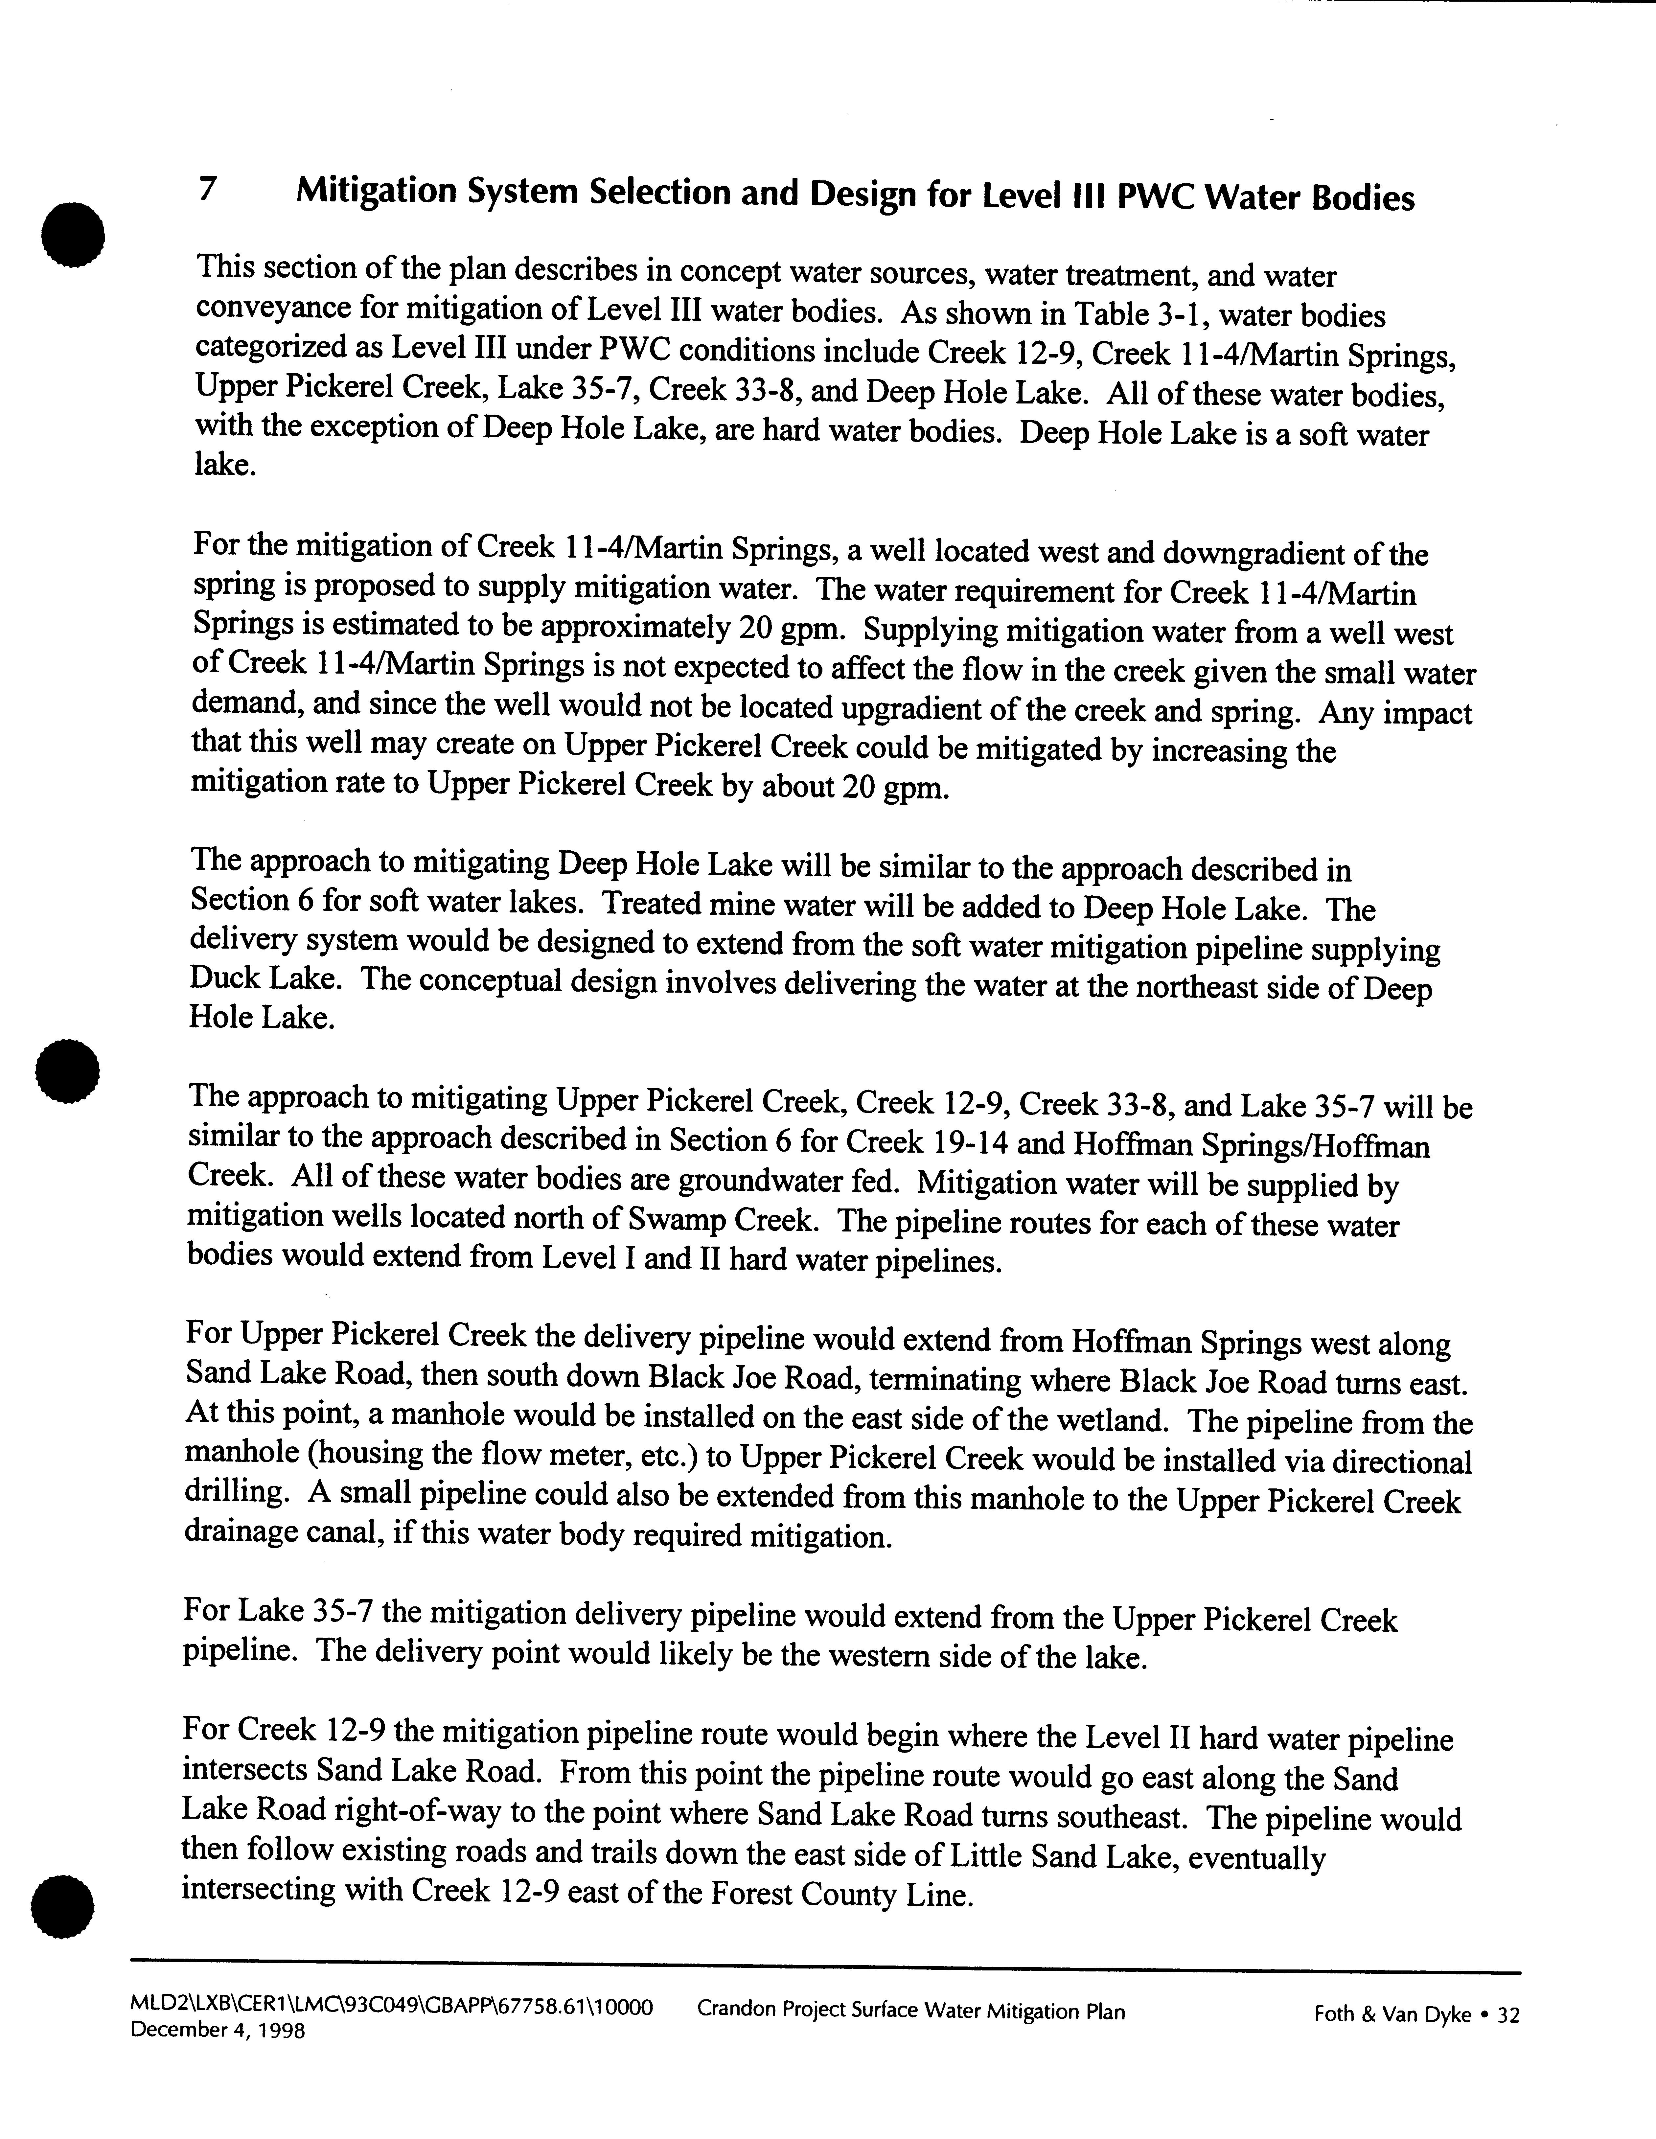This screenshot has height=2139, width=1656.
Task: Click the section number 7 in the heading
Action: (207, 188)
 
